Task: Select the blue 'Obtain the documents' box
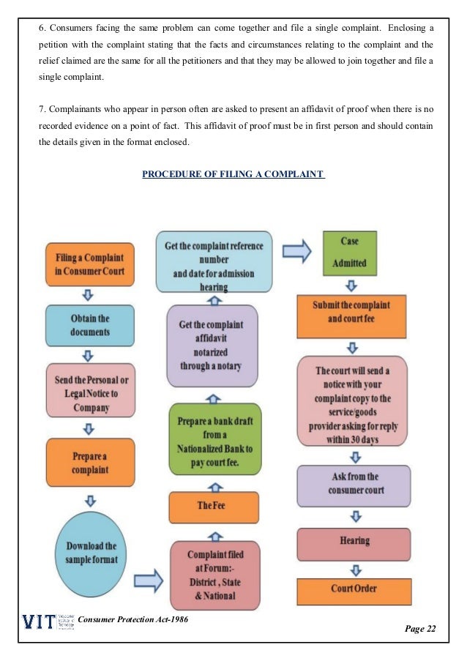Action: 89,325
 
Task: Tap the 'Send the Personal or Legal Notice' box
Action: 91,388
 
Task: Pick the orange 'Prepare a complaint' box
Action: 90,448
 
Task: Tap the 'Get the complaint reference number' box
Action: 214,262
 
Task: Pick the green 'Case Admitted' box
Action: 349,252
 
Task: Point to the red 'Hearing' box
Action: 354,542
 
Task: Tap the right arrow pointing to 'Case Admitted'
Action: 297,252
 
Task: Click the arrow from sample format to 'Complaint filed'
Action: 149,582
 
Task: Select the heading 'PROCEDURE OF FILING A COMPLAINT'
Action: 233,174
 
